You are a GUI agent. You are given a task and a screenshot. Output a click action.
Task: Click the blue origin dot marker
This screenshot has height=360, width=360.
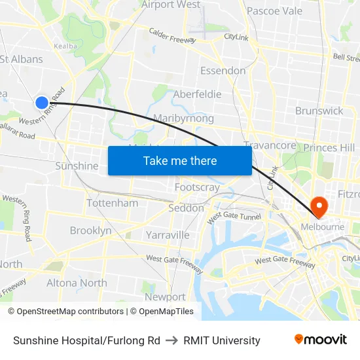coord(41,102)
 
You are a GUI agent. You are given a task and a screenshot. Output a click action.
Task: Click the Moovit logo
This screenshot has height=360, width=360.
coord(321,340)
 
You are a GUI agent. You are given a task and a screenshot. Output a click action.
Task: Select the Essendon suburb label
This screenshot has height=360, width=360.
coord(223,71)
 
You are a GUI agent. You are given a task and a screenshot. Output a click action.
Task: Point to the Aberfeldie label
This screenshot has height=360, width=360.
coord(197,94)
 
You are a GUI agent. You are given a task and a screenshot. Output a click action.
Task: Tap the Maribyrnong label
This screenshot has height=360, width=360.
coord(183,118)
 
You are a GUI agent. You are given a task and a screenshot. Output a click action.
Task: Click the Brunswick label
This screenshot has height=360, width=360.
coord(319,111)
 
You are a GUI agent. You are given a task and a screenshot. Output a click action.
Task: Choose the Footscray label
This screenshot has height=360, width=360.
coord(197,187)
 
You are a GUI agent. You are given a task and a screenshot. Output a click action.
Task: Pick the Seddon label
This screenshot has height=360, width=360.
coord(186,208)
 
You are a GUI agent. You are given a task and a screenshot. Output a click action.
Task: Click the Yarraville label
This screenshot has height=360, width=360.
coord(168,234)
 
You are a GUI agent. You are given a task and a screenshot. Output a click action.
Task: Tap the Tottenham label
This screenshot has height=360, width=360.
coord(112,203)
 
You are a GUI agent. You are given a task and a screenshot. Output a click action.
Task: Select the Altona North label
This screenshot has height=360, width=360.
coord(77,283)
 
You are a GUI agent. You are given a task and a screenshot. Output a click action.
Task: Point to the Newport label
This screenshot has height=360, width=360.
coord(165,297)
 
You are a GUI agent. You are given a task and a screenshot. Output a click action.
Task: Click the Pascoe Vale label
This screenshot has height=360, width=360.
coord(274,11)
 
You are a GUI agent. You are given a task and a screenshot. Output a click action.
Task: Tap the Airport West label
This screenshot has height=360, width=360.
coord(171,5)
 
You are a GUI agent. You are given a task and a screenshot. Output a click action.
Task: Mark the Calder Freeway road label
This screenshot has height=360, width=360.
coord(172,35)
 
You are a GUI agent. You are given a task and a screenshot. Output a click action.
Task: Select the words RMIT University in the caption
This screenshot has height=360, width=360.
coord(222,340)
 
